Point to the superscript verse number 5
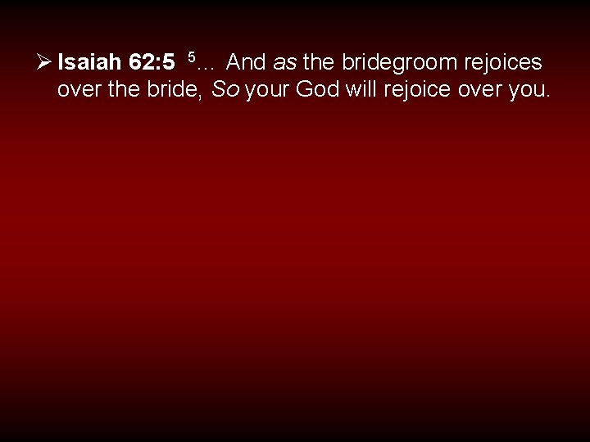pyautogui.click(x=191, y=56)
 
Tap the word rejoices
pyautogui.click(x=501, y=62)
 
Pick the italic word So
pyautogui.click(x=225, y=89)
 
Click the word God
pyautogui.click(x=317, y=89)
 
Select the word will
pyautogui.click(x=361, y=89)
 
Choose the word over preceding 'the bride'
pyautogui.click(x=78, y=90)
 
